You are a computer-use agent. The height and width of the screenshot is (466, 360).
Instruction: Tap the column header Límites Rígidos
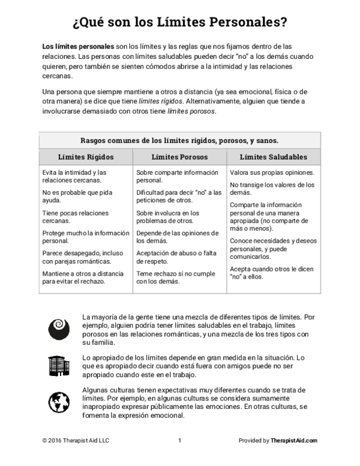point(86,157)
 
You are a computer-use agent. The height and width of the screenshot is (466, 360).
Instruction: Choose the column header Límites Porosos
point(179,157)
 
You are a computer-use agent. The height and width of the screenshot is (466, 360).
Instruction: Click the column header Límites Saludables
point(273,157)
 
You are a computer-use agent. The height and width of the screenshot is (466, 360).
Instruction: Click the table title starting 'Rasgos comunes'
point(179,141)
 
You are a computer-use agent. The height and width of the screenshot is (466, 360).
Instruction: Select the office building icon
point(58,365)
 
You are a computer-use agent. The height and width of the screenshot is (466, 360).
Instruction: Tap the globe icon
point(58,401)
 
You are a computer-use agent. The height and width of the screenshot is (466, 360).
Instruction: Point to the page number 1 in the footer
point(179,440)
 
